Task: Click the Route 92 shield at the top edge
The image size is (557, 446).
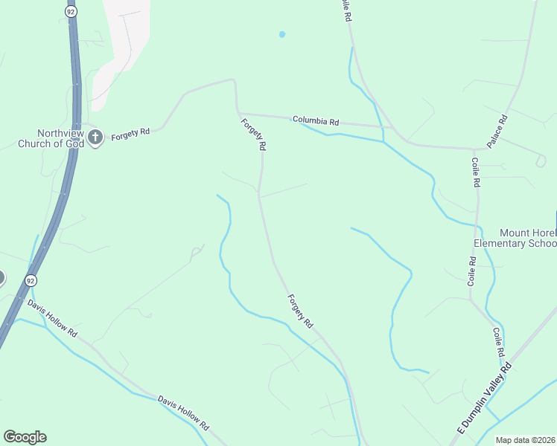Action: click(x=70, y=13)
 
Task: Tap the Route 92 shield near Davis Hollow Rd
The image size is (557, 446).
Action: click(x=30, y=280)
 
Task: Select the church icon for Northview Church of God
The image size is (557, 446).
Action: click(x=95, y=137)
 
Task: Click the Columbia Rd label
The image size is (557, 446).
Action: click(x=315, y=120)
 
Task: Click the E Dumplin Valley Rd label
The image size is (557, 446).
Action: click(x=485, y=399)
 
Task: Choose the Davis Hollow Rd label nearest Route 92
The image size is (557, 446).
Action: click(x=53, y=318)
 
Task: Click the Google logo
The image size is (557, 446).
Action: click(x=25, y=437)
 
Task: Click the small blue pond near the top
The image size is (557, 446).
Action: click(x=281, y=34)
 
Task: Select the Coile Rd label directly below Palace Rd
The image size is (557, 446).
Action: click(x=474, y=172)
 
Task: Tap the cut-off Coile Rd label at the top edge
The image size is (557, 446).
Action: click(x=346, y=10)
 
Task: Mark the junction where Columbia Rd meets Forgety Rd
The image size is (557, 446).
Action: click(x=238, y=114)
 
